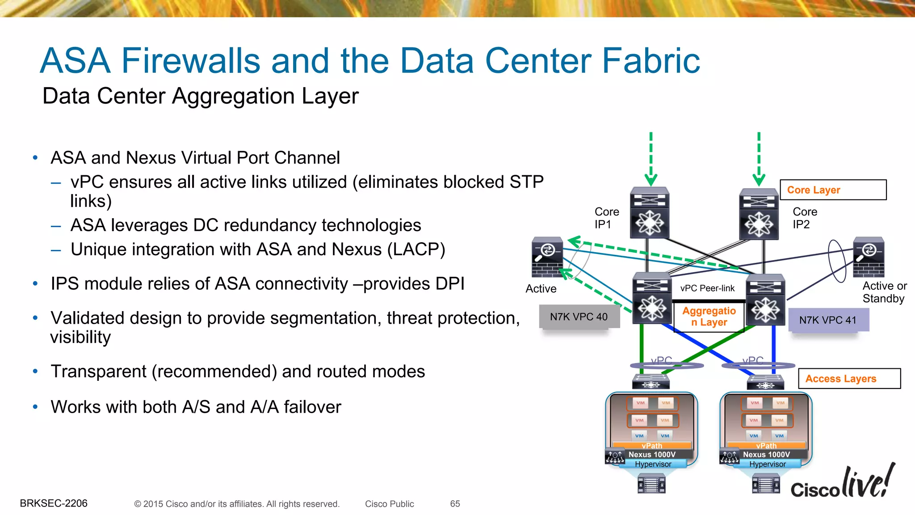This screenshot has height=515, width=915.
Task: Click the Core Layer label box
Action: (x=833, y=190)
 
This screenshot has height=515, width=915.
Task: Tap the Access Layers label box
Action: (x=849, y=379)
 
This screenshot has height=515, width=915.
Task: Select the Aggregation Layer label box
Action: (x=709, y=317)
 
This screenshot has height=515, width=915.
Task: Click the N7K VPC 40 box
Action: (x=579, y=317)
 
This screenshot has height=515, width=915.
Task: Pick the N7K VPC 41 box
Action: (x=828, y=320)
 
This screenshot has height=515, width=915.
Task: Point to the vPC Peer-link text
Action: (x=707, y=288)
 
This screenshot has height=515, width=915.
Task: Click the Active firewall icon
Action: (x=547, y=257)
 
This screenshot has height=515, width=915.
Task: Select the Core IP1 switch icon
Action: (x=649, y=213)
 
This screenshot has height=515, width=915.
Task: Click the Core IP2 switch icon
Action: (x=758, y=215)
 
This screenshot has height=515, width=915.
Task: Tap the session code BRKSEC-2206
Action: (x=54, y=503)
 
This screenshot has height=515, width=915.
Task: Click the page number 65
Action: (x=455, y=504)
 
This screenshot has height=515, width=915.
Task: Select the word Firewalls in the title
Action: (x=191, y=61)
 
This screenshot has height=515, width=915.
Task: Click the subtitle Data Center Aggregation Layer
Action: (x=200, y=96)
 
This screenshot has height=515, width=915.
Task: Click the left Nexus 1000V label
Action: (x=652, y=455)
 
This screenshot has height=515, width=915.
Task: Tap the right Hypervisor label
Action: (x=767, y=464)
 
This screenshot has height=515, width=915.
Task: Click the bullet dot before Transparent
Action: (x=35, y=371)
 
